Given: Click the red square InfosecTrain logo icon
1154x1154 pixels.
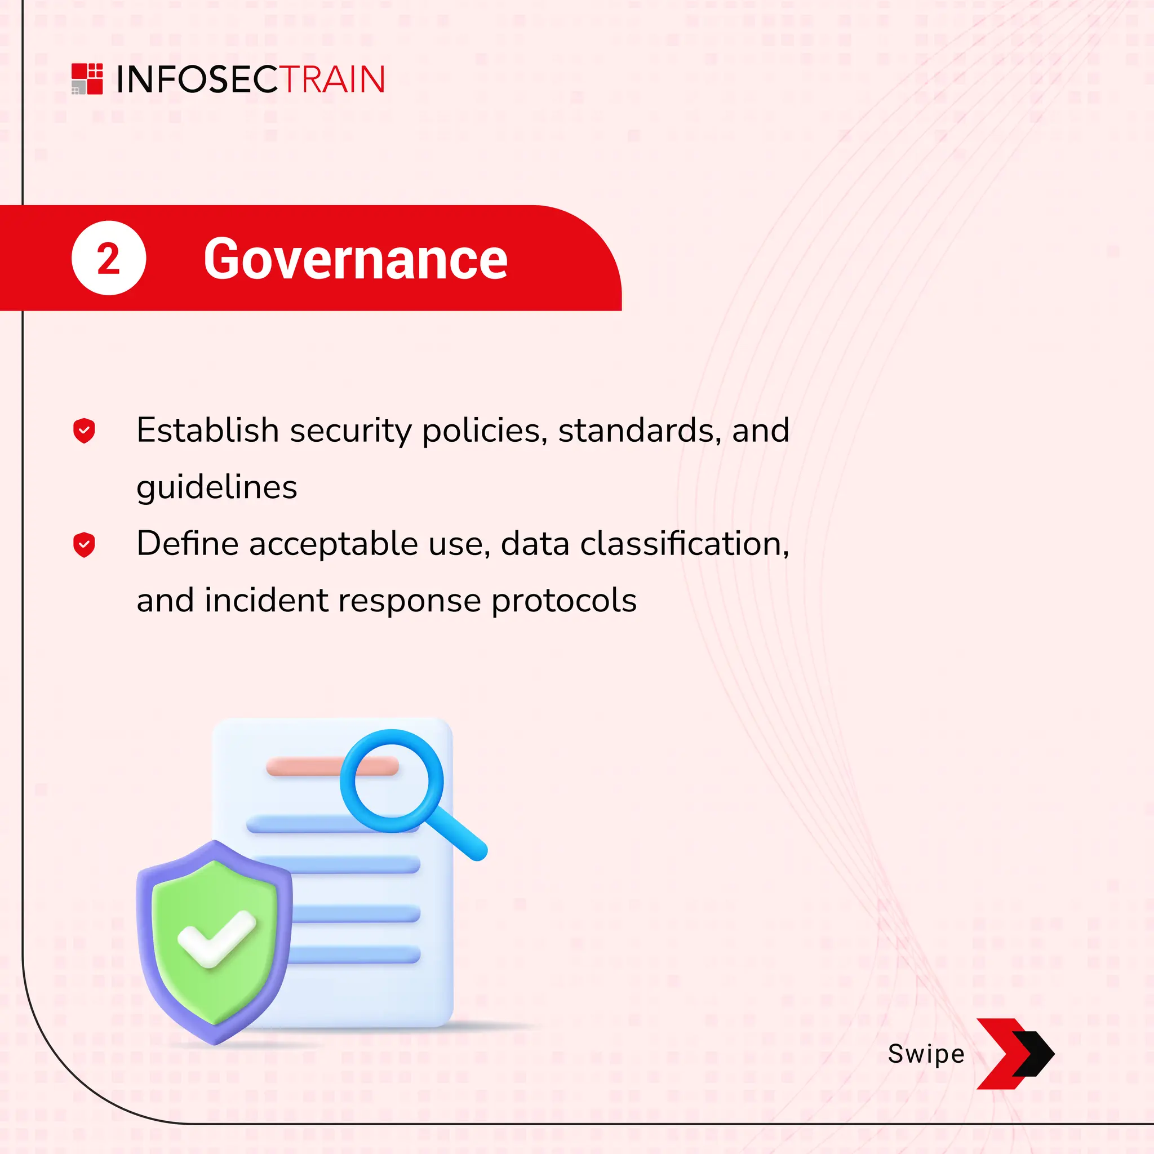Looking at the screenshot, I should (x=87, y=79).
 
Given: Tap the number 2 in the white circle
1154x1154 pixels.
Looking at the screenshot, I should (x=108, y=259).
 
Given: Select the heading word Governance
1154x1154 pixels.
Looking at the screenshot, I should (x=356, y=259).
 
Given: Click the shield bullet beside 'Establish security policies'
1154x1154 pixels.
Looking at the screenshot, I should (x=84, y=430).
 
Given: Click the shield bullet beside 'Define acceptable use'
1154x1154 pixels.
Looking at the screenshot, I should (x=84, y=545).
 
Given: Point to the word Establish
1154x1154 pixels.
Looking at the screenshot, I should (x=207, y=430).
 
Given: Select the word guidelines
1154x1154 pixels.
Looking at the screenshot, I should (x=216, y=487).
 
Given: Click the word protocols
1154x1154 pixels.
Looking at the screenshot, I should (x=564, y=601).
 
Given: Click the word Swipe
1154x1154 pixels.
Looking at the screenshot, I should (x=926, y=1054).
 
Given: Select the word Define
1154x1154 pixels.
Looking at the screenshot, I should (x=188, y=544).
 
